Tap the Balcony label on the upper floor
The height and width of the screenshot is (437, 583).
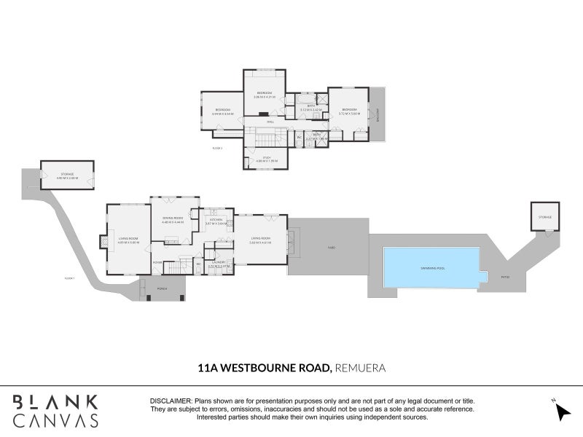(378, 115)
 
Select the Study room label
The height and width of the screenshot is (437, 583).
(266, 159)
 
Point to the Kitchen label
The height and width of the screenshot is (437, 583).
(216, 219)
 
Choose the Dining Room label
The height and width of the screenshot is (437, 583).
(172, 219)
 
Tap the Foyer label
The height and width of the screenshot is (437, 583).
(157, 262)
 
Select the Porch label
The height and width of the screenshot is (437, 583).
(162, 288)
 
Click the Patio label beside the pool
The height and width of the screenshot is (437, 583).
(504, 277)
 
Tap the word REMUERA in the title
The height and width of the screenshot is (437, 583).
(359, 369)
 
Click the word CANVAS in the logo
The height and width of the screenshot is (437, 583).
(55, 420)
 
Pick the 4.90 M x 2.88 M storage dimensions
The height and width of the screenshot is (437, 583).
(68, 178)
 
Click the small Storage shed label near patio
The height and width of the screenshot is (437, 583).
(545, 218)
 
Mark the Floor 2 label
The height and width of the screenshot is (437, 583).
(216, 148)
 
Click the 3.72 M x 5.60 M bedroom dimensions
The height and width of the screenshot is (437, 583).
(350, 113)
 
